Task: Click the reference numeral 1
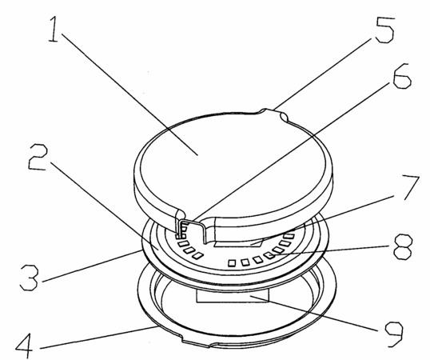coord(54,29)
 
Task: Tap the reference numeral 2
coord(38,158)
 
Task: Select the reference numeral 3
coord(30,278)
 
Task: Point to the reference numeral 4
coord(24,345)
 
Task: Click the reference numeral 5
coord(384,29)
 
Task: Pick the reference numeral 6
coord(402,76)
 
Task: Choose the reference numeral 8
coord(403,246)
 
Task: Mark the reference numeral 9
coord(393,334)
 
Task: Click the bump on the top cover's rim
coord(273,113)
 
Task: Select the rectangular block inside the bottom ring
coord(233,297)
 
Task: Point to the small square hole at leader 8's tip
coord(269,256)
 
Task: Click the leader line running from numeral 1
coord(129,94)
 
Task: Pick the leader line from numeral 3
coord(92,266)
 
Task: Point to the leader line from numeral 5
coord(324,73)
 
